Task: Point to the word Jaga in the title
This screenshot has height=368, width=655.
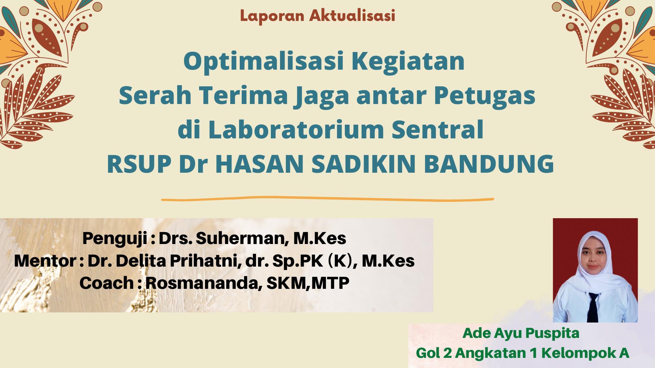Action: coord(320,96)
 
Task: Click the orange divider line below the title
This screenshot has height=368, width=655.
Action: coord(327,198)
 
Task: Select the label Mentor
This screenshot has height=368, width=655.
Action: coord(45,261)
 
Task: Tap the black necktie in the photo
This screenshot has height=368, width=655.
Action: coord(593,307)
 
